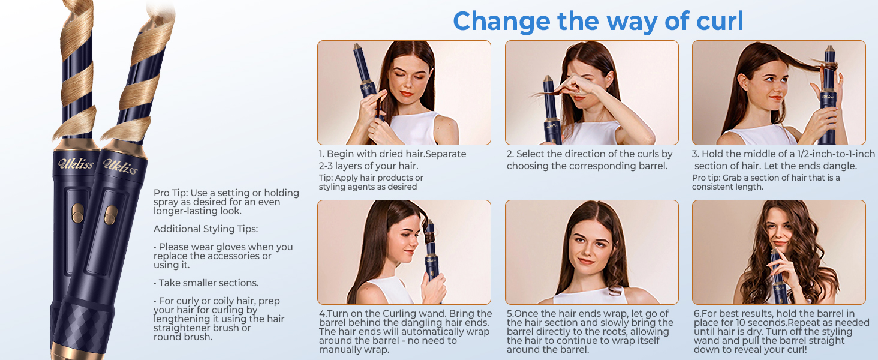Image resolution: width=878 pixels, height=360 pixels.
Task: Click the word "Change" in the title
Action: (x=501, y=21)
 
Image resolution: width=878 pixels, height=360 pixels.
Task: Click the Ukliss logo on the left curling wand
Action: (x=76, y=164)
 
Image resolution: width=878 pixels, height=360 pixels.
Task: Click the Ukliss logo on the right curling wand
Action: (x=121, y=166)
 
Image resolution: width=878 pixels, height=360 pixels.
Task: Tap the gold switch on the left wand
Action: (x=77, y=214)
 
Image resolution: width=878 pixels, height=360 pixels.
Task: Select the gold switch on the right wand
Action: (x=111, y=215)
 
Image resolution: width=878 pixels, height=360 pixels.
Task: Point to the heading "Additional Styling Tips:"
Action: (x=206, y=229)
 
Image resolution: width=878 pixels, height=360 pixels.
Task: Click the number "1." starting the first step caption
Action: (x=322, y=154)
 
